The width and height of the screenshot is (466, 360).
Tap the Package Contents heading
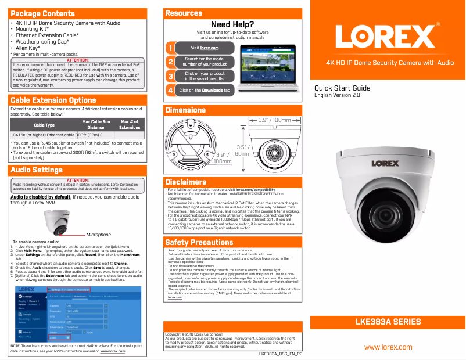pyautogui.click(x=43, y=13)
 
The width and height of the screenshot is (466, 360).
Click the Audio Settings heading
pyautogui.click(x=37, y=170)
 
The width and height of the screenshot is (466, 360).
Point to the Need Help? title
pyautogui.click(x=232, y=24)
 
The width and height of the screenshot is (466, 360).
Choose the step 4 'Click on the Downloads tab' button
pyautogui.click(x=205, y=91)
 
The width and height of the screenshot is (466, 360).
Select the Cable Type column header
pyautogui.click(x=44, y=125)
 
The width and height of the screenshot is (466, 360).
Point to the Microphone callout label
pyautogui.click(x=98, y=235)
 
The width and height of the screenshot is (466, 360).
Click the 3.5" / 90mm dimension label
pyautogui.click(x=243, y=150)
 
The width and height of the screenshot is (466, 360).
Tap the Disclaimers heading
pyautogui.click(x=186, y=182)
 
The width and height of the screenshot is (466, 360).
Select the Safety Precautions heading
pyautogui.click(x=199, y=242)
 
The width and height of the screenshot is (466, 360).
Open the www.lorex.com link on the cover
pyautogui.click(x=388, y=347)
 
